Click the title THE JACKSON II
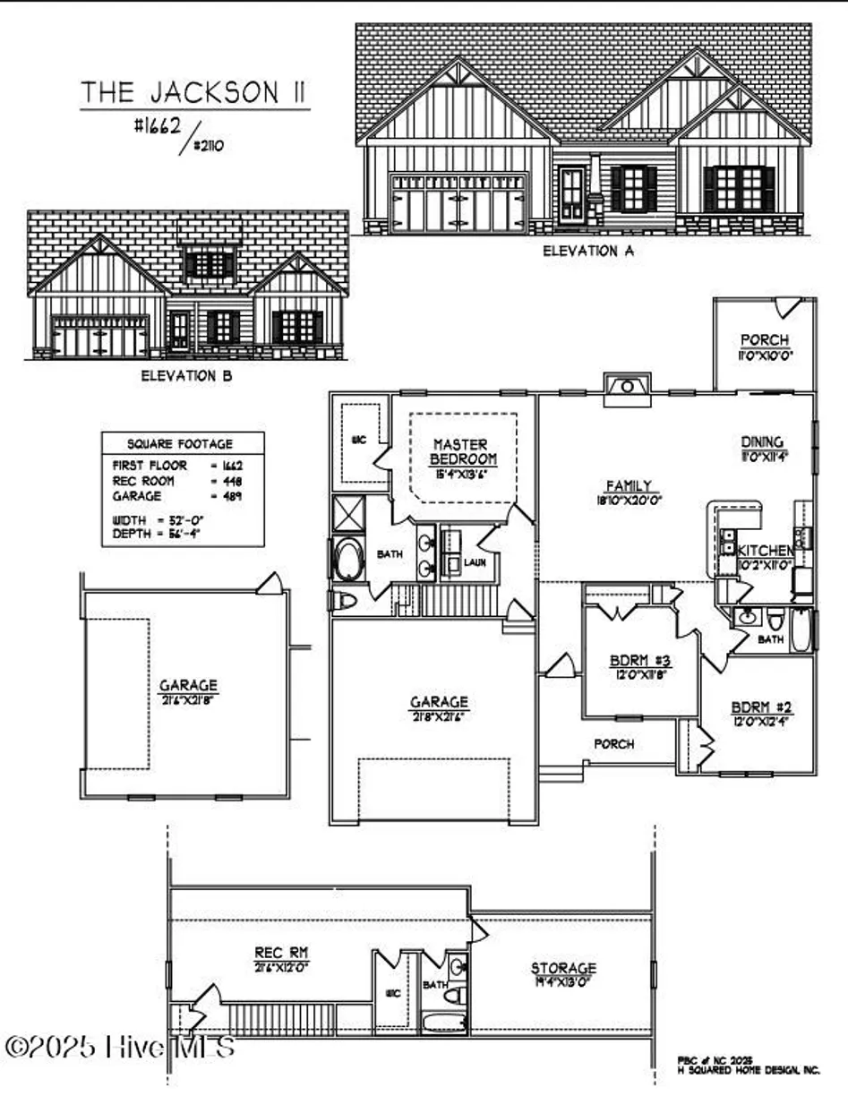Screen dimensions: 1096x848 (195, 92)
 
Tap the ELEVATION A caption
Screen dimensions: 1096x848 (588, 252)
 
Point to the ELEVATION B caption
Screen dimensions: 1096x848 (186, 377)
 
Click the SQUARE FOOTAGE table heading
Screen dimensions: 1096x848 (180, 443)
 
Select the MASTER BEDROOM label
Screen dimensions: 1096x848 (460, 451)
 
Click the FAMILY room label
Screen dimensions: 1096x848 (630, 486)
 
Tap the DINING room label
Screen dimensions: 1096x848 (763, 441)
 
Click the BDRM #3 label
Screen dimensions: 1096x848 (640, 661)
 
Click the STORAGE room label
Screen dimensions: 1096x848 (563, 968)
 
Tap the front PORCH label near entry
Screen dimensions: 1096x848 (614, 743)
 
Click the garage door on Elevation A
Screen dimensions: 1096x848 (458, 203)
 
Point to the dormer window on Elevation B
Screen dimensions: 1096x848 (210, 264)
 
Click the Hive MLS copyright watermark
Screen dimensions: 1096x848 (121, 1045)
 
